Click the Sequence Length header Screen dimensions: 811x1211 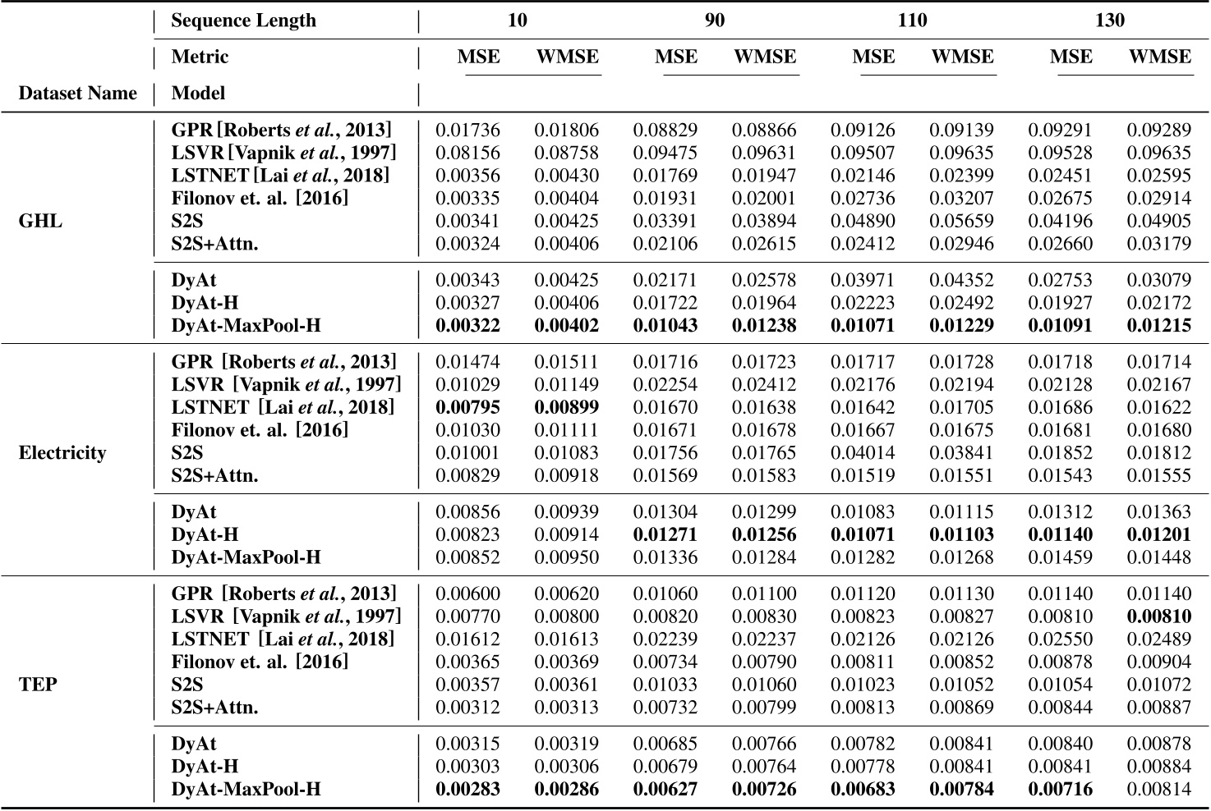point(243,21)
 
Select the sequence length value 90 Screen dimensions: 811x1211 point(715,21)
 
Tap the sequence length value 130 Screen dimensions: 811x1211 point(1110,21)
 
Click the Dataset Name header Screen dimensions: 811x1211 point(77,94)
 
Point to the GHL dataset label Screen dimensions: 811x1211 point(39,222)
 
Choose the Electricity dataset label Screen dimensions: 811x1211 point(62,453)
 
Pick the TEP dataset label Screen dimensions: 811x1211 point(38,685)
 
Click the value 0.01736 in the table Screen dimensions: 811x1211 point(467,131)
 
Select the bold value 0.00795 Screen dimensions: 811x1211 point(467,407)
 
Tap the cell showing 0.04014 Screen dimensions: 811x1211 point(863,453)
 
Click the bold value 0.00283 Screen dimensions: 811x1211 point(467,790)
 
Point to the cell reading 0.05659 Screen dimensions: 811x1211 point(961,222)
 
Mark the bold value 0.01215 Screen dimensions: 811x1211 point(1158,326)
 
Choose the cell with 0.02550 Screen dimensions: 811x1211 point(1060,639)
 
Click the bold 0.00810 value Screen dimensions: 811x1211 point(1158,616)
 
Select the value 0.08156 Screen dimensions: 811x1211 point(467,153)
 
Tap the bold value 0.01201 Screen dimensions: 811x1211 point(1158,535)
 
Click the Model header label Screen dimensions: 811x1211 point(198,94)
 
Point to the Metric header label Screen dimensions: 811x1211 point(200,57)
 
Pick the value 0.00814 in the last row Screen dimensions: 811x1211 point(1158,790)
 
